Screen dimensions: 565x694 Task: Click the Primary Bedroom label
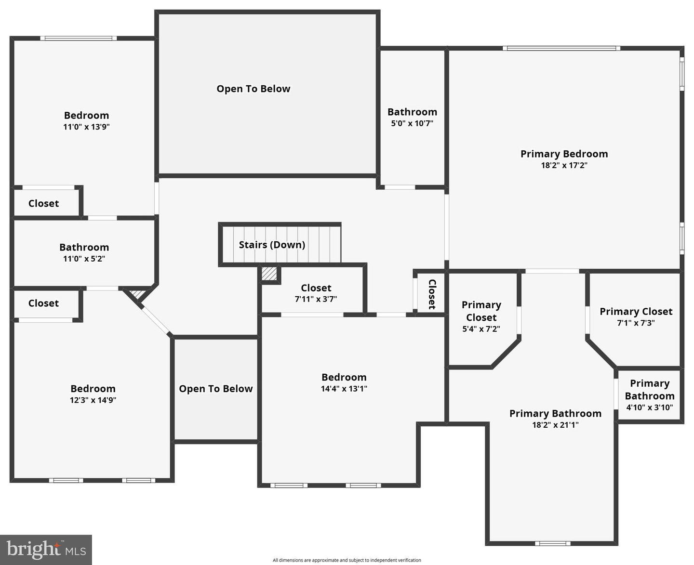coord(564,154)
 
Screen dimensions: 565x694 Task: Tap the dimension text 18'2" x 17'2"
coord(564,165)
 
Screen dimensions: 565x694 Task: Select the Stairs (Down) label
coord(272,245)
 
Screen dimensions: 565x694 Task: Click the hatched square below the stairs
coord(269,274)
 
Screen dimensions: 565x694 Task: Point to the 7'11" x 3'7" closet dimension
coord(316,299)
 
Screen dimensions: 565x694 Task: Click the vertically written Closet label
coord(432,294)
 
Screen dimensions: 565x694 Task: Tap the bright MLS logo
coord(46,550)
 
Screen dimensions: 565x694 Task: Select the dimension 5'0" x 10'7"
coord(412,123)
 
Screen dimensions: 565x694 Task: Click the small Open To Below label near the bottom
coord(215,389)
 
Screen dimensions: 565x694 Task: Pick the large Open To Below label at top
coord(253,89)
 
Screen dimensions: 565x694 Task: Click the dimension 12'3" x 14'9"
coord(93,400)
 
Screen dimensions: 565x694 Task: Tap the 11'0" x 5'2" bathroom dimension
coord(84,259)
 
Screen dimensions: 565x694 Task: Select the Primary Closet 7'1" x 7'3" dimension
coord(636,323)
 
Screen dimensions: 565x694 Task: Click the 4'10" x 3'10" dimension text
coord(649,407)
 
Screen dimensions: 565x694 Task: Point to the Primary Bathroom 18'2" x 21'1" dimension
coord(555,425)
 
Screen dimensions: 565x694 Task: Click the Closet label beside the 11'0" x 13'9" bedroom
coord(43,203)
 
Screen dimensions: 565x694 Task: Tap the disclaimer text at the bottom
coord(347,560)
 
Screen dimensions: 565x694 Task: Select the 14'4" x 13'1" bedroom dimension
coord(344,389)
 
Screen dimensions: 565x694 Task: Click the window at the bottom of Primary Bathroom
coord(552,543)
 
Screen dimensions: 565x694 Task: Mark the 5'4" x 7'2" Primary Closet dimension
coord(481,329)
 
